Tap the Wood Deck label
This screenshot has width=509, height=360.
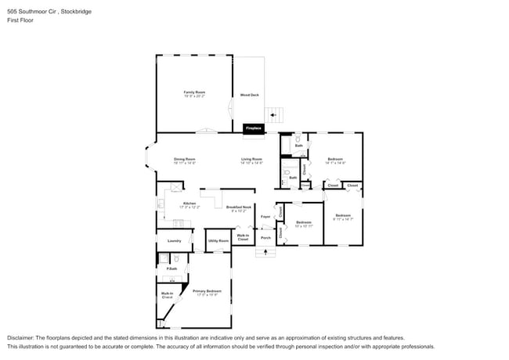249,95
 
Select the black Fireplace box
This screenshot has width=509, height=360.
254,128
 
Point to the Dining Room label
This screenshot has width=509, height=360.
184,160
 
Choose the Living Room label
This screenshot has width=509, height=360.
251,160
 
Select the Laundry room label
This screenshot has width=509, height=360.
174,241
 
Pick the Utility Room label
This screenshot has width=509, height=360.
218,241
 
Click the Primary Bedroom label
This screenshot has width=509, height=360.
208,293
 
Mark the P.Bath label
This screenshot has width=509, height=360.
171,268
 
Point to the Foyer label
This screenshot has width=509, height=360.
265,216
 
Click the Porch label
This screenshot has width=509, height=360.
265,237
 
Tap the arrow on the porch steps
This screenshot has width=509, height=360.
266,252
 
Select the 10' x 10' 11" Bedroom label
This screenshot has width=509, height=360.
304,224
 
